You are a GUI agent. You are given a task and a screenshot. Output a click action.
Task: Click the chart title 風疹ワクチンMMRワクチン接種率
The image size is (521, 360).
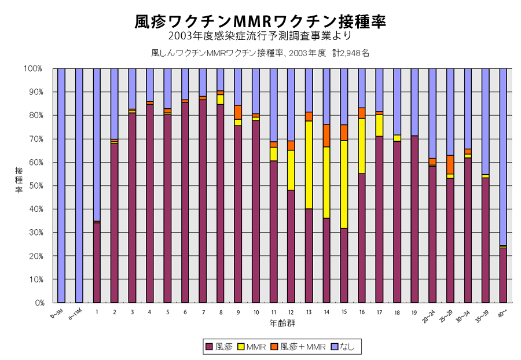pyautogui.click(x=260, y=21)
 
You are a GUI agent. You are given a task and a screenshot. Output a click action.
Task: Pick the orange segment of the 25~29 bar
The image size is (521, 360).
pyautogui.click(x=450, y=164)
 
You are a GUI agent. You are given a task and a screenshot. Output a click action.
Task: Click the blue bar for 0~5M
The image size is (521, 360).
pyautogui.click(x=61, y=185)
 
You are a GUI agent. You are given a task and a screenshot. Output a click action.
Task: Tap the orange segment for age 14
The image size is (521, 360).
pyautogui.click(x=326, y=135)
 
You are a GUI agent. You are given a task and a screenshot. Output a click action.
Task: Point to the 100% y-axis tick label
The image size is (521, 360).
pyautogui.click(x=33, y=68)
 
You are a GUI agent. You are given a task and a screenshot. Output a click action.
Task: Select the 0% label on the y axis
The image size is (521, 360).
pyautogui.click(x=37, y=303)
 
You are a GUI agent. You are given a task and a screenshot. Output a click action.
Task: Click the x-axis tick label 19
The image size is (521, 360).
pyautogui.click(x=414, y=312)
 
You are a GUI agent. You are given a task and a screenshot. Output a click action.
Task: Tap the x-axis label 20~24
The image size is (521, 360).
pyautogui.click(x=429, y=315)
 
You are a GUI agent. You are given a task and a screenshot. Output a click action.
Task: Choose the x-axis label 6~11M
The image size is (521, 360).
pyautogui.click(x=76, y=315)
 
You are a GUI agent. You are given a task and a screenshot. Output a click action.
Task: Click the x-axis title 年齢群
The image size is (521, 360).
pyautogui.click(x=282, y=321)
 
